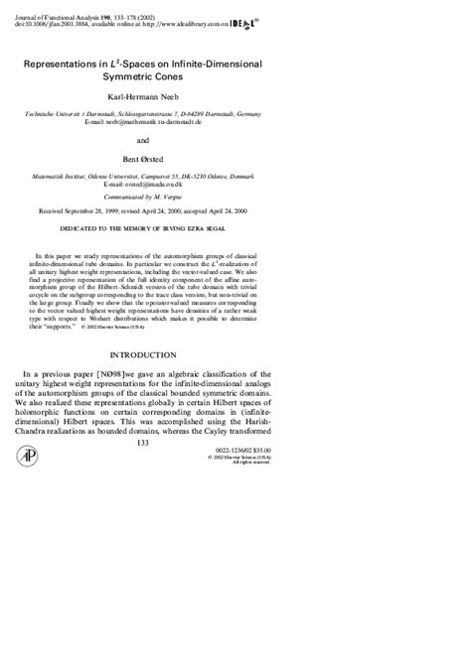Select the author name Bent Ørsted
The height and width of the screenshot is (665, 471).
point(235,161)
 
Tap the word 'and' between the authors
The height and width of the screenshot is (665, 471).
point(235,141)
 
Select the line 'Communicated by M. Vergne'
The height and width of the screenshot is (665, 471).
point(235,198)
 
